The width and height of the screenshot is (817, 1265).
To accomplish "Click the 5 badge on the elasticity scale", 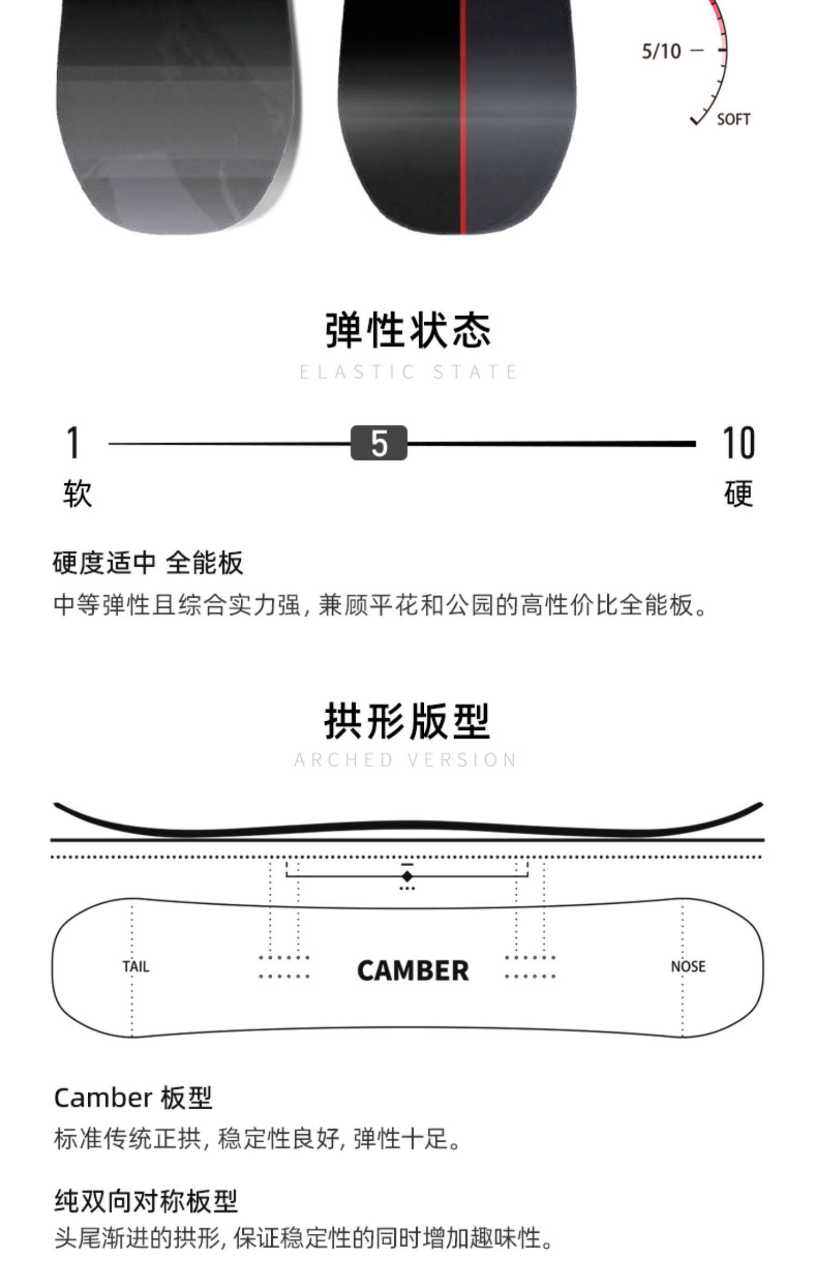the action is [379, 443].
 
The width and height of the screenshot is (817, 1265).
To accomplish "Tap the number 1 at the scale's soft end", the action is [73, 442].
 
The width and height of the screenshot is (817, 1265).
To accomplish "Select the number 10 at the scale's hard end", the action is [739, 442].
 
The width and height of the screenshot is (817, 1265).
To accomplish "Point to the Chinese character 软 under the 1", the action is [77, 494].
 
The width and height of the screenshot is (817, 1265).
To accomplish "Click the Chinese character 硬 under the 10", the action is [739, 494].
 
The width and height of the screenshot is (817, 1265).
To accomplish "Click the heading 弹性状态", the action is [408, 330].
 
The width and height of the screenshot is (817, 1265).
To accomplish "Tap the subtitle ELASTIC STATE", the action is [408, 372].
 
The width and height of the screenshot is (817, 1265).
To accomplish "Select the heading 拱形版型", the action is [407, 721].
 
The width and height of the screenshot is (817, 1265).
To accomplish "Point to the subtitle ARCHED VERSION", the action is [406, 760].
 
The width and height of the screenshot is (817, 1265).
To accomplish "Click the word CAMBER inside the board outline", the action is [413, 971].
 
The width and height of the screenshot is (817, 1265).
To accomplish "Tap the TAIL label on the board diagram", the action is [136, 967].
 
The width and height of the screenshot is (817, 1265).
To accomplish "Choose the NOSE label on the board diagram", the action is [688, 966].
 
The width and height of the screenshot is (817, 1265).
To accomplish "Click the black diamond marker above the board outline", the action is [407, 876].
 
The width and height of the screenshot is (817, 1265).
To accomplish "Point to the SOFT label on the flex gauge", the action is [733, 119].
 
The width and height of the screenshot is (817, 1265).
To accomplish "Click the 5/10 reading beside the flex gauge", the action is [661, 51].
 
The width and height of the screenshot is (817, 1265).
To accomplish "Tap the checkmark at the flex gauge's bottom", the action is [696, 119].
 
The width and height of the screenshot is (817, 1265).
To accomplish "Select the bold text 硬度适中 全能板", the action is [148, 563].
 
